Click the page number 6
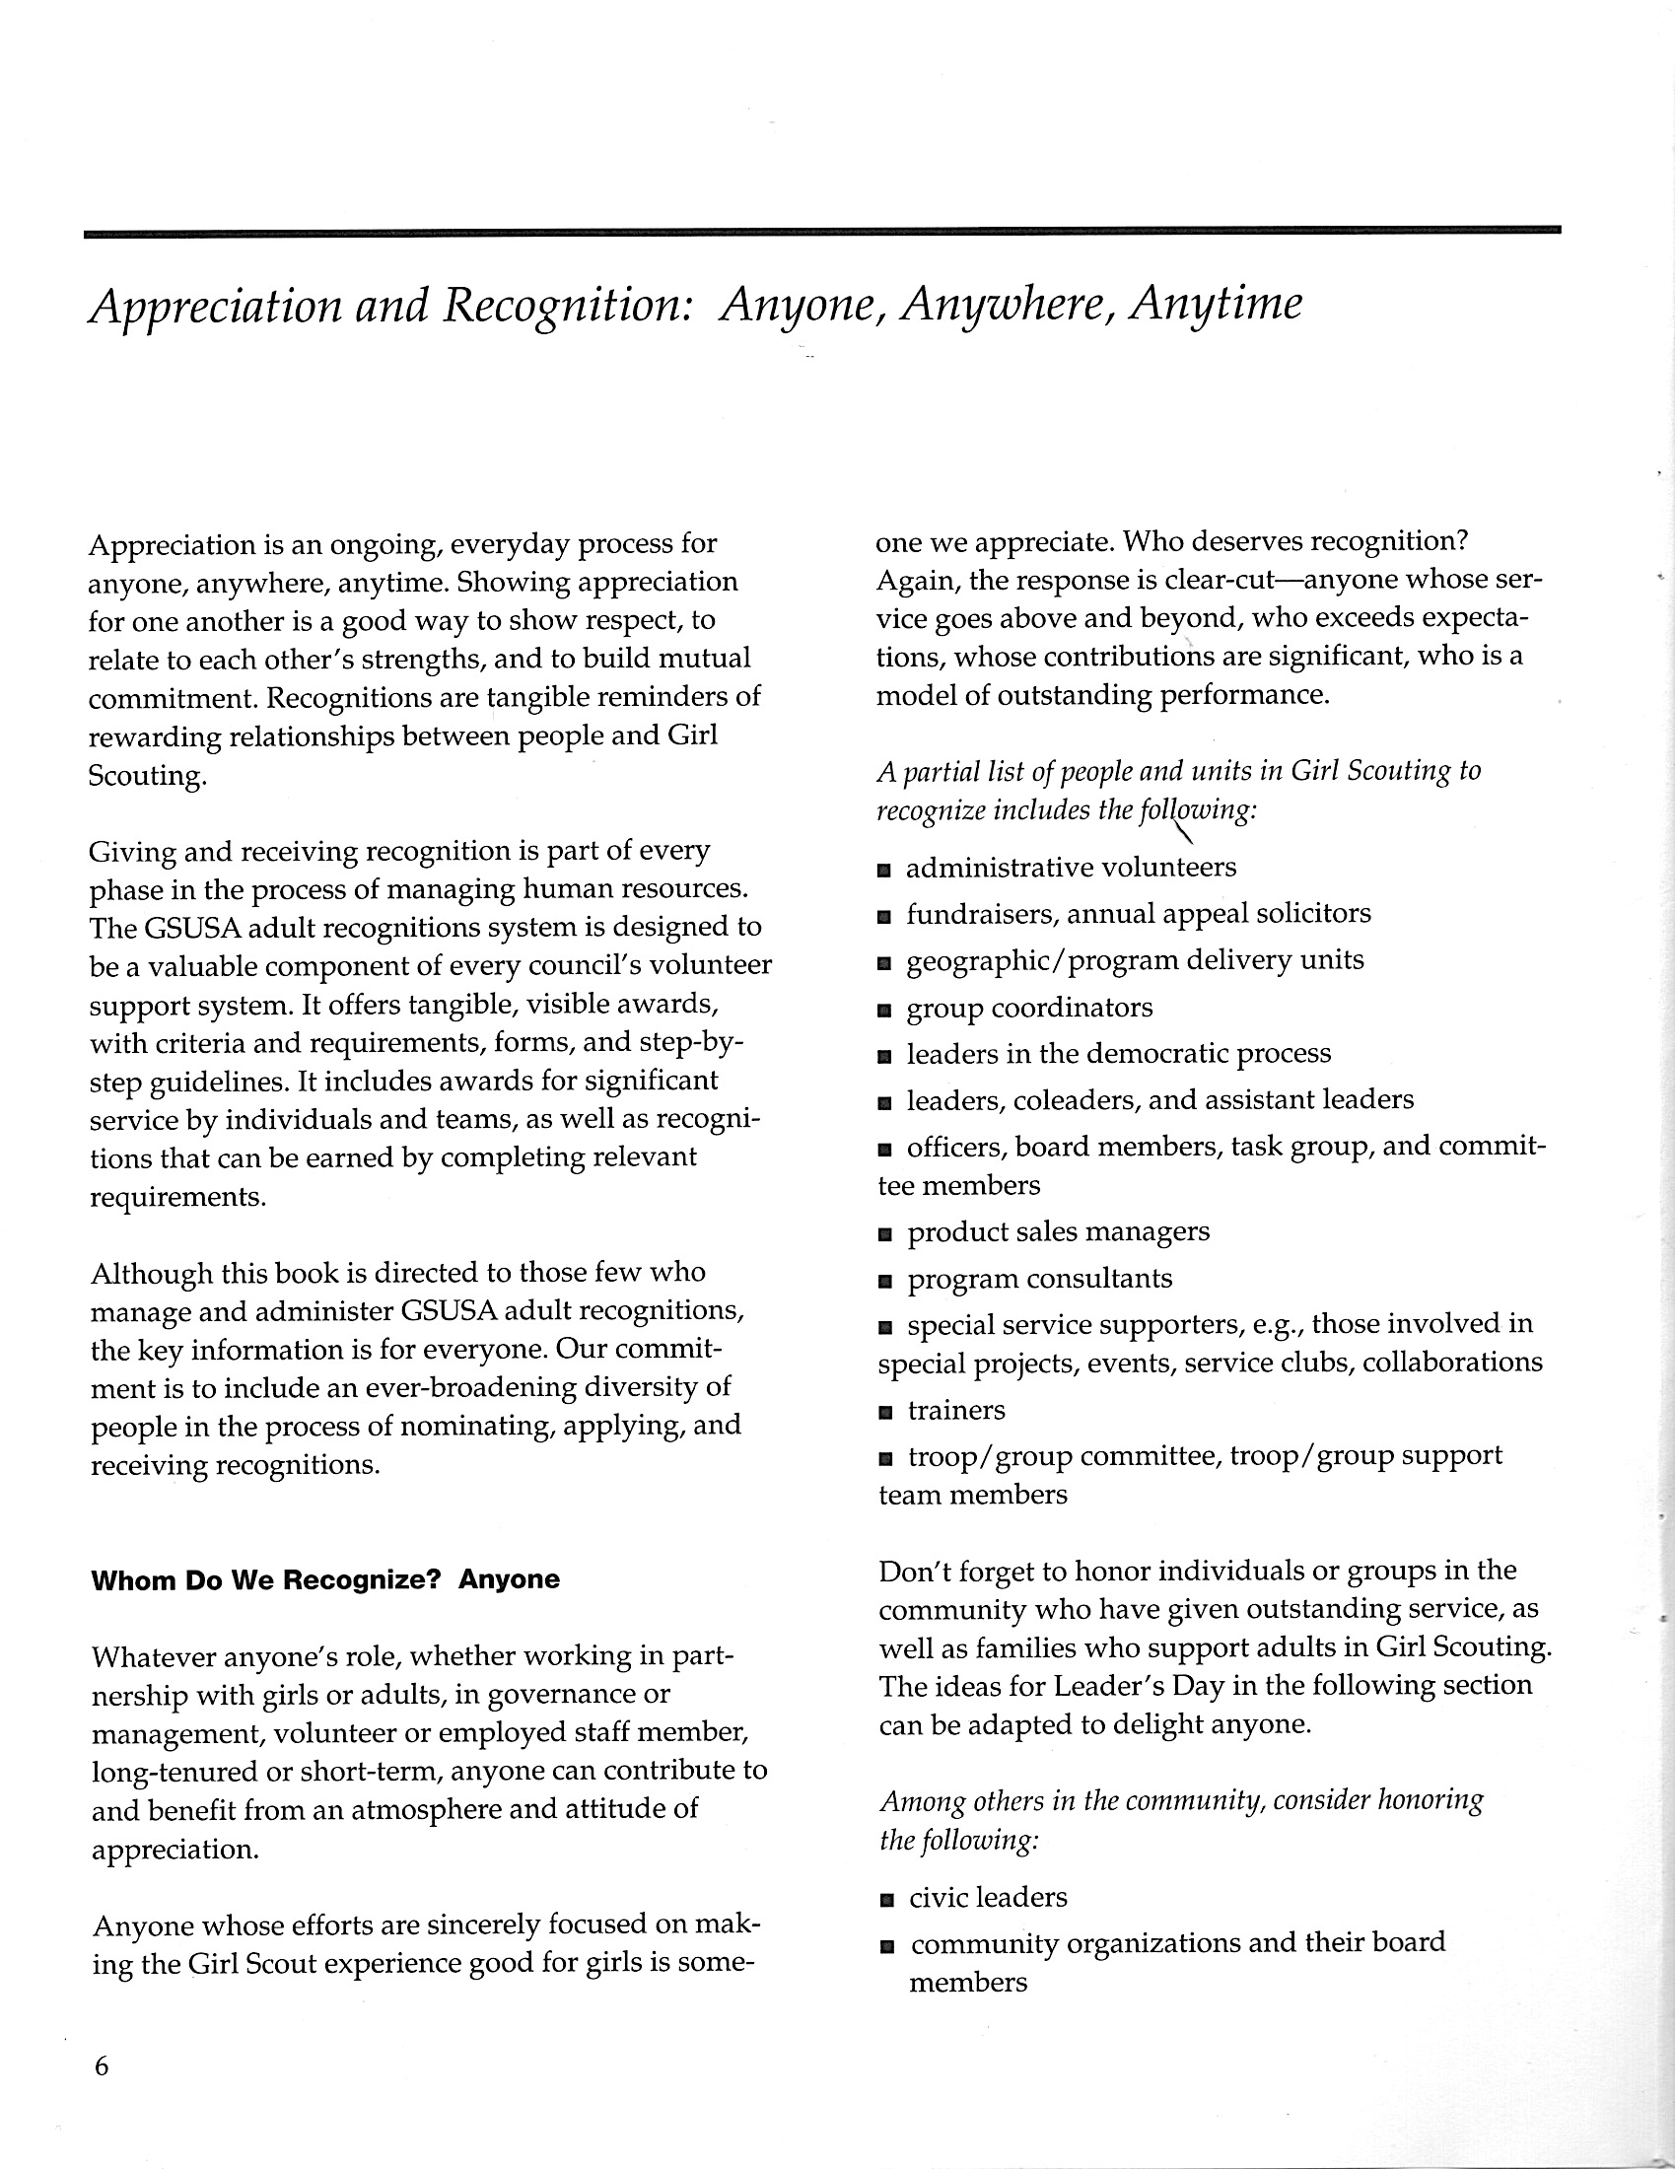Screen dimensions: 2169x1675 pyautogui.click(x=101, y=2066)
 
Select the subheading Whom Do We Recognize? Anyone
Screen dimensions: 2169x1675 pyautogui.click(x=324, y=1580)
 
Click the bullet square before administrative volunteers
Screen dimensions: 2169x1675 pyautogui.click(x=884, y=871)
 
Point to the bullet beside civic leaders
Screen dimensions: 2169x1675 pyautogui.click(x=886, y=1901)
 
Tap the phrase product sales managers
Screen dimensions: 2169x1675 pyautogui.click(x=1059, y=1232)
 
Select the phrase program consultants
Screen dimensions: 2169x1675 pyautogui.click(x=1039, y=1279)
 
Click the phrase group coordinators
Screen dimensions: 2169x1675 pyautogui.click(x=1029, y=1008)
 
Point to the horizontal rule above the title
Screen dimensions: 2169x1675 pyautogui.click(x=822, y=233)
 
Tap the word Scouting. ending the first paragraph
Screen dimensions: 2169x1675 pyautogui.click(x=148, y=776)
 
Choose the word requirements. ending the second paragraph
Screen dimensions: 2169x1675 pyautogui.click(x=177, y=1197)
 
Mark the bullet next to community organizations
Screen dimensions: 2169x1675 pyautogui.click(x=886, y=1947)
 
